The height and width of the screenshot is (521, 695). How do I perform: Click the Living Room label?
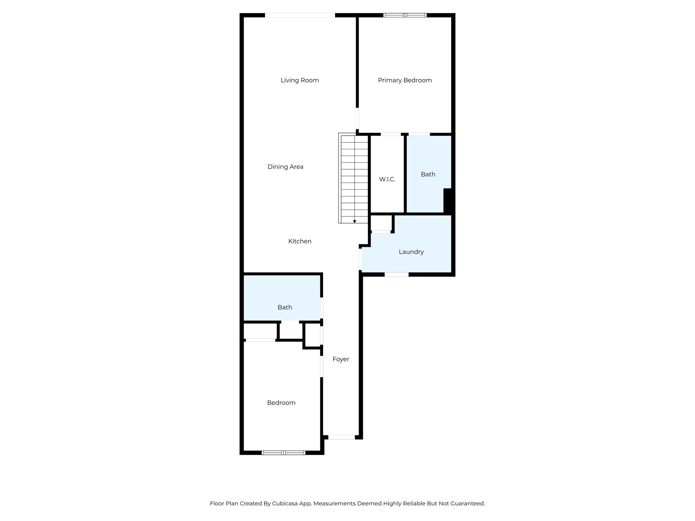(x=300, y=80)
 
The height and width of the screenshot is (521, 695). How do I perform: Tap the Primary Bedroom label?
(x=405, y=80)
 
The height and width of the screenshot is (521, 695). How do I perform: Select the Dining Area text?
(x=285, y=167)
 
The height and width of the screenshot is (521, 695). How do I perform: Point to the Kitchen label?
(x=300, y=241)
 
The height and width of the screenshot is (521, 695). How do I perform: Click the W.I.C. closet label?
(x=387, y=179)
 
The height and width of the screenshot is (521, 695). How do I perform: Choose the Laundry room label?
(x=411, y=252)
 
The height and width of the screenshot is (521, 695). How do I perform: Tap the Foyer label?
(x=341, y=359)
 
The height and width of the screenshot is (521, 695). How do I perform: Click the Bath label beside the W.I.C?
(x=428, y=174)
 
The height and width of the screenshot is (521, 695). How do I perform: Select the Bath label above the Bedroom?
(x=285, y=307)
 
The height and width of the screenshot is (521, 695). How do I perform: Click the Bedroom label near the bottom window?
(x=281, y=403)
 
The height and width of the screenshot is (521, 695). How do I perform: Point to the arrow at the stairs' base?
(x=354, y=221)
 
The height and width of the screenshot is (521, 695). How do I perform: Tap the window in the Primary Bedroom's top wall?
(x=405, y=15)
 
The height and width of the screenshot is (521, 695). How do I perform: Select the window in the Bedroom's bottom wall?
(x=284, y=452)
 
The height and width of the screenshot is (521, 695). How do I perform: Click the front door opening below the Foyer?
(x=341, y=437)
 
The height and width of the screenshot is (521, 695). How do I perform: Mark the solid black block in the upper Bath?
(x=448, y=201)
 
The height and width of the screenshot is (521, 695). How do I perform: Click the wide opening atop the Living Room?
(x=300, y=15)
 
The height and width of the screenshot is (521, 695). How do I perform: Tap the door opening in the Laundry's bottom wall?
(x=396, y=274)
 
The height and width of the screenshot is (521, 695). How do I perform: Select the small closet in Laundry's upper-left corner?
(x=381, y=223)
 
